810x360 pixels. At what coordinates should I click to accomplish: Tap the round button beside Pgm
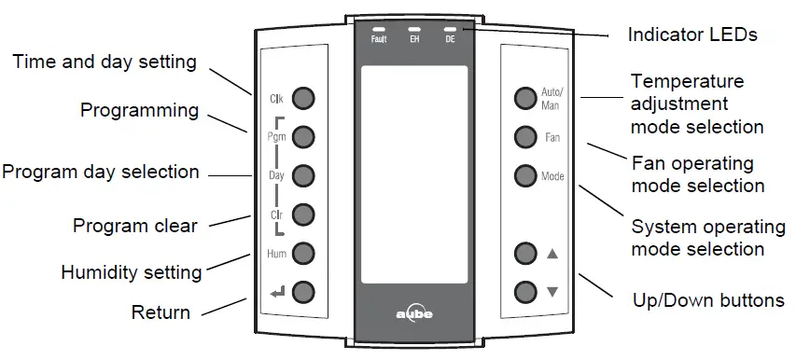coord(303,136)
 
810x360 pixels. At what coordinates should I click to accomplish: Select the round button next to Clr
coord(303,214)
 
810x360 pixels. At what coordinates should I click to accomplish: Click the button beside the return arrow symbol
coord(303,291)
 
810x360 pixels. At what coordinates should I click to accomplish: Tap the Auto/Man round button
coord(524,98)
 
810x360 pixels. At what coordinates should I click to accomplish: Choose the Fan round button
coord(524,137)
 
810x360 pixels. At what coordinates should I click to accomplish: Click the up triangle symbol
coord(552,253)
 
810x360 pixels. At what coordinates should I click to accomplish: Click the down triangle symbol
coord(552,291)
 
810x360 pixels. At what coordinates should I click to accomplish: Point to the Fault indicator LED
coord(379,30)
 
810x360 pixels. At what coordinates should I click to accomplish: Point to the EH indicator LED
coord(414,30)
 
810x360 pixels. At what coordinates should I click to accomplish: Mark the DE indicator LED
coord(450,30)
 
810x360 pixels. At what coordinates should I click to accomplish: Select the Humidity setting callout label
coord(132,273)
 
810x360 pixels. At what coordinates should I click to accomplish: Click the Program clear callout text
coord(135,226)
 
